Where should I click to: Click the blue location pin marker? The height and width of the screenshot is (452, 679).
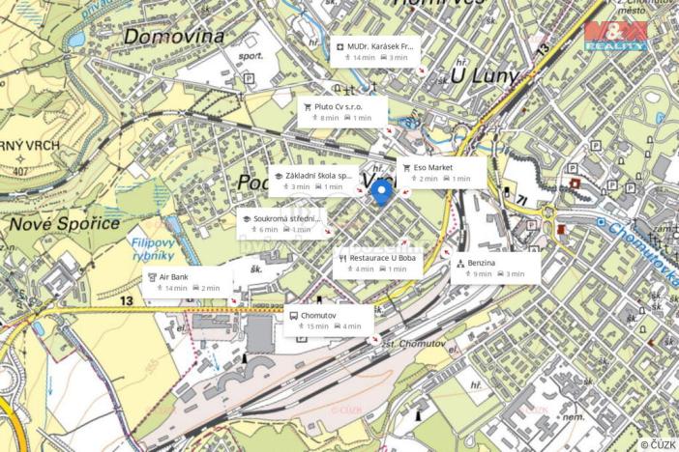[x=381, y=192]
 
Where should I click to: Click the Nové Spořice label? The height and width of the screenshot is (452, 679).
[x=65, y=224]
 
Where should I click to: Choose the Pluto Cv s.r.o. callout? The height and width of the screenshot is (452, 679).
[x=341, y=112]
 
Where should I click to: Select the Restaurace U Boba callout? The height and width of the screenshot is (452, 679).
[x=377, y=263]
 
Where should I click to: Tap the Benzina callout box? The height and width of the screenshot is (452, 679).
[x=495, y=268]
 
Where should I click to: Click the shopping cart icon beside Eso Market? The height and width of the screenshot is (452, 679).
[x=406, y=167]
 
